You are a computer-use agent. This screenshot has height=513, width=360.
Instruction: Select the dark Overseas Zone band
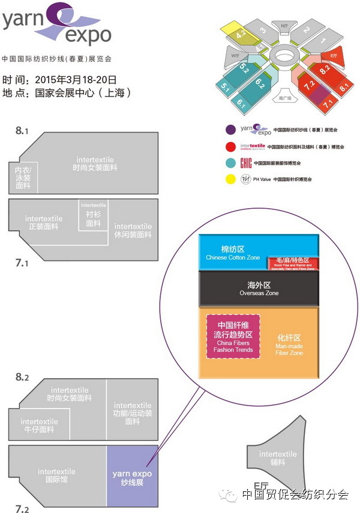click(x=259, y=289)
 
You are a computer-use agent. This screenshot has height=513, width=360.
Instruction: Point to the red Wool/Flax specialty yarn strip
click(x=293, y=263)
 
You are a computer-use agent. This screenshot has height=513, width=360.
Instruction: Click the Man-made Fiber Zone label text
click(x=289, y=350)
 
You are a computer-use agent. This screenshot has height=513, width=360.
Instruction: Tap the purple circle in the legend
click(x=230, y=129)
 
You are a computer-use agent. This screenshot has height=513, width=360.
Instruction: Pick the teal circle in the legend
click(x=230, y=163)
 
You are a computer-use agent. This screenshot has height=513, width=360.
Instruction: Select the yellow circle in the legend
click(x=230, y=179)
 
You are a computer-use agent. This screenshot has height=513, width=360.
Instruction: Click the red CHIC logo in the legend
click(x=245, y=163)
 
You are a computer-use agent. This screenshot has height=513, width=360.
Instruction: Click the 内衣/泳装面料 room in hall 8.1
click(x=23, y=178)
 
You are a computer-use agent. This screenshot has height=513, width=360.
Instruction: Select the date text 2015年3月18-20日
click(x=76, y=79)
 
